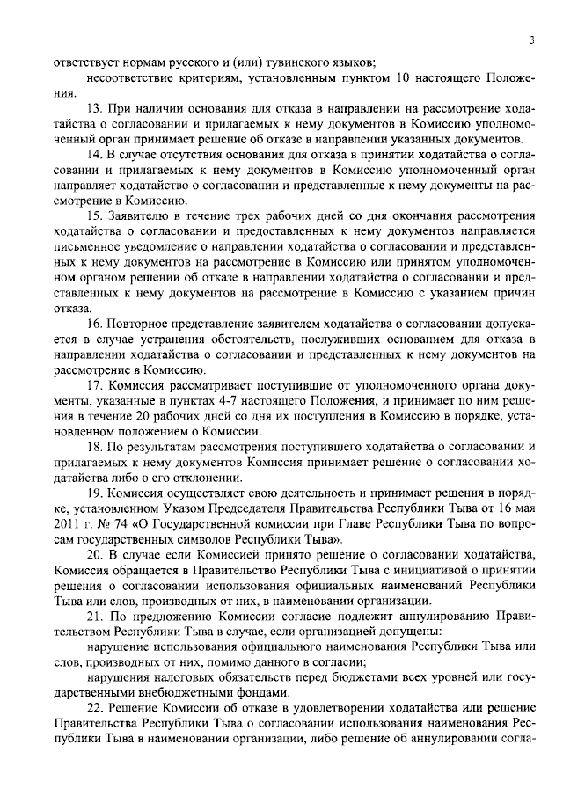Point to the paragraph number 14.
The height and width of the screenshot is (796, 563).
click(x=94, y=154)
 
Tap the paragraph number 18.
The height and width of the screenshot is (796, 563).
click(x=94, y=447)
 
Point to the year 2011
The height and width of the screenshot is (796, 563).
click(x=68, y=523)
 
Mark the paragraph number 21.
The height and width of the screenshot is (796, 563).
click(x=94, y=616)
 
